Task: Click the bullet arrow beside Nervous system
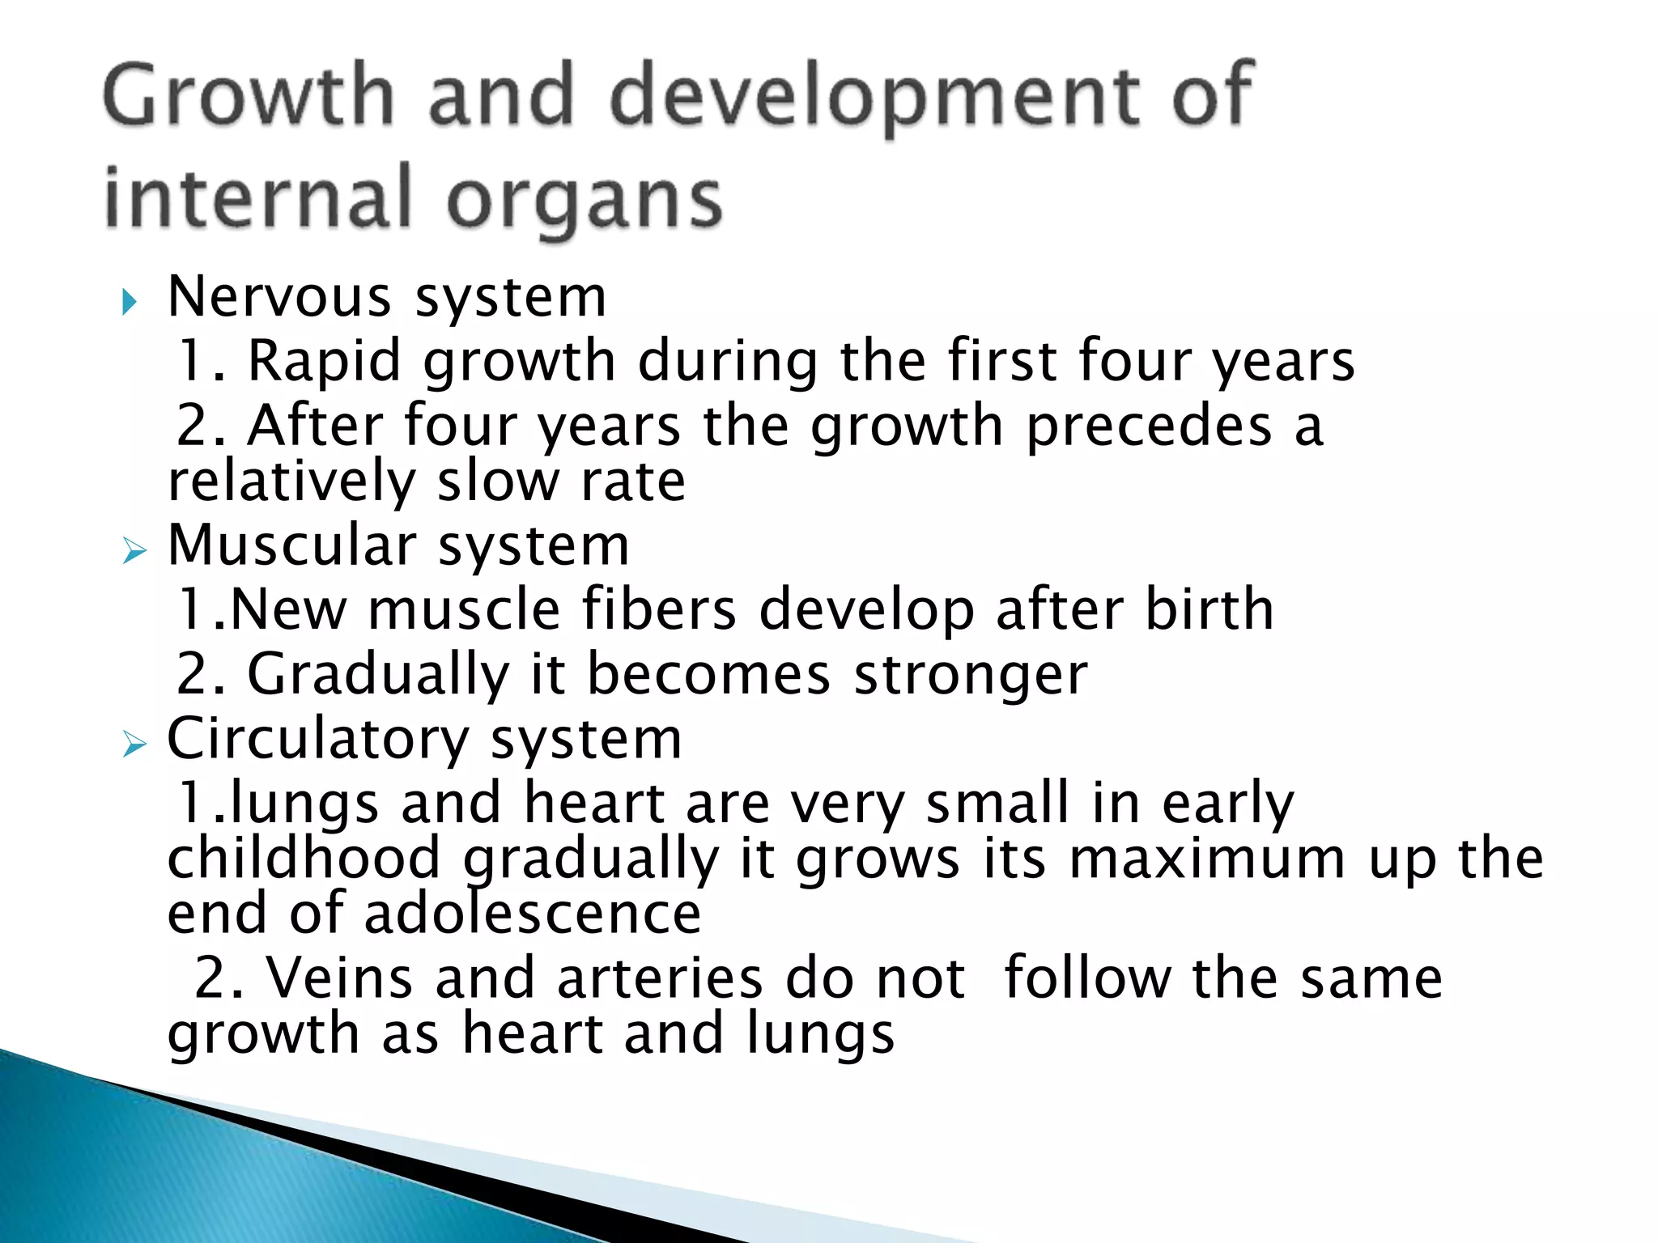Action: point(130,303)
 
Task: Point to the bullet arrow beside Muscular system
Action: point(134,553)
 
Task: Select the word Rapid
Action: point(324,361)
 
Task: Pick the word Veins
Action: point(340,978)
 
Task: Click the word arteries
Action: point(660,978)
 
